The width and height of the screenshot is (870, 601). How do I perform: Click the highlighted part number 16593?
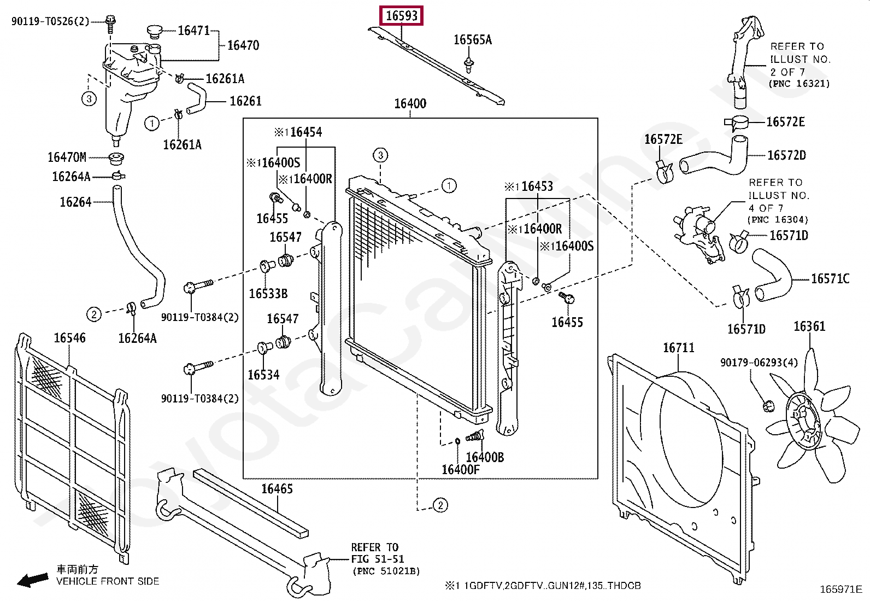click(x=402, y=16)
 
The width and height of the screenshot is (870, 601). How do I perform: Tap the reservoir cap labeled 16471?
click(x=155, y=31)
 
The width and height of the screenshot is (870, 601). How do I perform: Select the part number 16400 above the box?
click(x=410, y=103)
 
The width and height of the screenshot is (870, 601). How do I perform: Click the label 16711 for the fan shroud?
click(x=678, y=348)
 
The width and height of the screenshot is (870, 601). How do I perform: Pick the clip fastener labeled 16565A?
click(x=468, y=65)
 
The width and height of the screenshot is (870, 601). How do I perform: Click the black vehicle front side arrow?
click(x=32, y=580)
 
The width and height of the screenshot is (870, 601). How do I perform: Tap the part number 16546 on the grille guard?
click(x=69, y=338)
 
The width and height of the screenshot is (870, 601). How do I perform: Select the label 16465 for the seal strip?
click(x=277, y=488)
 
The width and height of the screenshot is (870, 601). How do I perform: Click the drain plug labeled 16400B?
click(x=475, y=437)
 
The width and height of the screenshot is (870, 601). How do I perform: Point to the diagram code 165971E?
click(x=840, y=589)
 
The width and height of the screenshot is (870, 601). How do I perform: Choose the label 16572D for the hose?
click(x=786, y=155)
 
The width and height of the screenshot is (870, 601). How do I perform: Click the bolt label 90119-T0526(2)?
click(x=50, y=21)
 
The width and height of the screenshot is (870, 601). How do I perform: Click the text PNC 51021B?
click(x=386, y=571)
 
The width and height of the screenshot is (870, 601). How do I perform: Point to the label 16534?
click(x=263, y=375)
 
